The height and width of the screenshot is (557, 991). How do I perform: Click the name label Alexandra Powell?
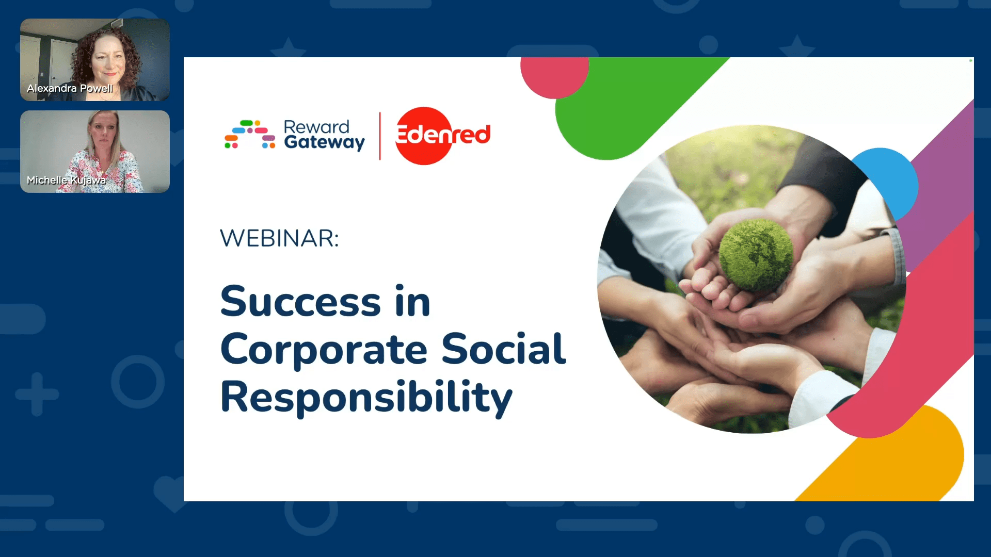(x=70, y=88)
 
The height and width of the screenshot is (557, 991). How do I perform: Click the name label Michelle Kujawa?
(x=66, y=180)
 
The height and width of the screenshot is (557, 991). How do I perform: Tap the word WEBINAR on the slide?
(x=279, y=238)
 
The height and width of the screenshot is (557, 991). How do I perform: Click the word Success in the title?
(x=300, y=301)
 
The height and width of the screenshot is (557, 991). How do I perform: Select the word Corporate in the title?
(x=324, y=350)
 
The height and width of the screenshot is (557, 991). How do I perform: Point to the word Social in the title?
(x=503, y=349)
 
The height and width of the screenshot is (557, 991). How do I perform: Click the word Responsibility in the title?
(x=366, y=398)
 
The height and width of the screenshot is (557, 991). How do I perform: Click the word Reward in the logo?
(x=316, y=127)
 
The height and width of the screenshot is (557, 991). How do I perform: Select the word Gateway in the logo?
(x=324, y=142)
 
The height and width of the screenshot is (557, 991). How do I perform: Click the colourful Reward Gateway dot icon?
(x=250, y=134)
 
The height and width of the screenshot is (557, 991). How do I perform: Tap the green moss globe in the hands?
(x=756, y=254)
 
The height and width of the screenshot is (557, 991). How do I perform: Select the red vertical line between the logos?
(x=380, y=136)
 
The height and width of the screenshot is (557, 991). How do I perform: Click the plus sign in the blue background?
(x=37, y=394)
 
